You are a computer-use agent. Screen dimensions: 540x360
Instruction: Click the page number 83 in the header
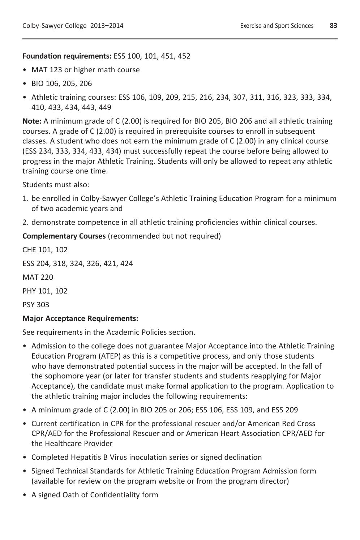pyautogui.click(x=333, y=26)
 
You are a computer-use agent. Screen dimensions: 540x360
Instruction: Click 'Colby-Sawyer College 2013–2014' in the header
pyautogui.click(x=73, y=26)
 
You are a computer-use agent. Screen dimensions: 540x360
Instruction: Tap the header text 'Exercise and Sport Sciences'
pyautogui.click(x=277, y=26)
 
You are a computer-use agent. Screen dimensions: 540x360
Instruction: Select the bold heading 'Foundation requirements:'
pyautogui.click(x=67, y=56)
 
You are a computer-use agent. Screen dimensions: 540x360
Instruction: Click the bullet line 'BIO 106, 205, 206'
pyautogui.click(x=61, y=83)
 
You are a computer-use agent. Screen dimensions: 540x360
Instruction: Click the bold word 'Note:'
pyautogui.click(x=32, y=121)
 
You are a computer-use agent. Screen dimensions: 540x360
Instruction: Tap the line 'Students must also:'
pyautogui.click(x=56, y=185)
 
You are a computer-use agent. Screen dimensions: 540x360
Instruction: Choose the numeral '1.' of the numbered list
pyautogui.click(x=25, y=198)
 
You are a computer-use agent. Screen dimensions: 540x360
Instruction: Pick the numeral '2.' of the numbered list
pyautogui.click(x=25, y=222)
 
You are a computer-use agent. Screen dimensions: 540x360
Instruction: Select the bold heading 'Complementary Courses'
pyautogui.click(x=64, y=236)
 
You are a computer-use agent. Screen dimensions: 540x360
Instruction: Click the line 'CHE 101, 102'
pyautogui.click(x=45, y=250)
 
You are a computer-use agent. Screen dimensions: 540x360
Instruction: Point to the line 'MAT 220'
pyautogui.click(x=38, y=277)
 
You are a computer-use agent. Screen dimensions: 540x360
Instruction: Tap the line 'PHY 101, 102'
pyautogui.click(x=45, y=291)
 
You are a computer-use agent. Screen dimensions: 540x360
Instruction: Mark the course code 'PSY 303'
pyautogui.click(x=36, y=305)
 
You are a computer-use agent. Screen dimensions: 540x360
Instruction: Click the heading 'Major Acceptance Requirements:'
pyautogui.click(x=80, y=318)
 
